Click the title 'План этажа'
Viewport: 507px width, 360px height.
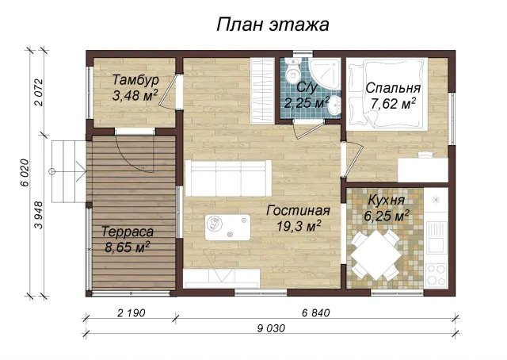273,25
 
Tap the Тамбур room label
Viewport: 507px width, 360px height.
135,79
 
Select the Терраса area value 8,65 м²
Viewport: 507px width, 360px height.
128,247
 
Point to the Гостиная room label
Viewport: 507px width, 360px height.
298,211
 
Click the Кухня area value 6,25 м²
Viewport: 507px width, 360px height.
387,216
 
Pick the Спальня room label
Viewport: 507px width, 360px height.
393,88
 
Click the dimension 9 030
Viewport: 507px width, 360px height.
271,328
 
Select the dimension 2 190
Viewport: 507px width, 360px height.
131,313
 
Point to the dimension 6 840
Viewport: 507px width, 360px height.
316,313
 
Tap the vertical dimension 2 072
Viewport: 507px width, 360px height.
39,92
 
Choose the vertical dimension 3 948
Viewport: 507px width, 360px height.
39,215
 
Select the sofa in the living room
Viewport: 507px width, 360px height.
228,178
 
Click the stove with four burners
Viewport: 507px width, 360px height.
436,275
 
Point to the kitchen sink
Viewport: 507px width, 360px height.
436,237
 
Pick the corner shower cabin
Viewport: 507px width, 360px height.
324,74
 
